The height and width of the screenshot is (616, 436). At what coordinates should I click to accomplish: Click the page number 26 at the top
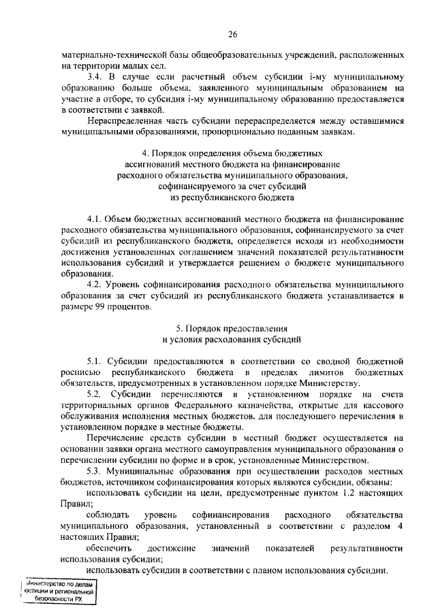coord(232,34)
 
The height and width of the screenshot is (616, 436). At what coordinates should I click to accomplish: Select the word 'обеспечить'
coord(109,548)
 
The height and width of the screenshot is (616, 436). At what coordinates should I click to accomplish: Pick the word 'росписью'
coord(80,372)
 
